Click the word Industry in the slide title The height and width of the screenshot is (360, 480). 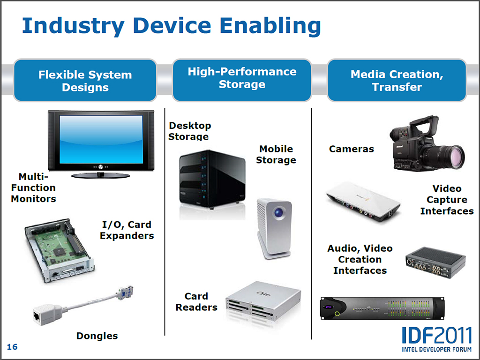(x=73, y=26)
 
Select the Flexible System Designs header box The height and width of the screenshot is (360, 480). (x=85, y=81)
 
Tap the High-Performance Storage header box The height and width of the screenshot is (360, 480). (x=242, y=80)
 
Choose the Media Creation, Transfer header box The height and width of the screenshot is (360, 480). (x=397, y=80)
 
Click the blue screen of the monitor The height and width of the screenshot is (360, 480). (x=101, y=139)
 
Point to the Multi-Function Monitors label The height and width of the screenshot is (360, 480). (x=33, y=187)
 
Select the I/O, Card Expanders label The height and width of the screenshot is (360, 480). (x=127, y=230)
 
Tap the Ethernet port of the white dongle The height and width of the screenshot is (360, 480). (x=37, y=315)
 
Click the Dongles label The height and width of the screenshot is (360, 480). (x=97, y=336)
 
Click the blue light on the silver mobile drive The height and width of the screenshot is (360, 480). (x=278, y=212)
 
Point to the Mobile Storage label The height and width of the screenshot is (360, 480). (x=276, y=154)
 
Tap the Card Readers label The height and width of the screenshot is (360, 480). (x=196, y=301)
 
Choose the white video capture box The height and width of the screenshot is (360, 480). (x=363, y=202)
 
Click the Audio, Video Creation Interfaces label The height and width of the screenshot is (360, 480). (x=360, y=259)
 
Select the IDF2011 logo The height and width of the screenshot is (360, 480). (x=436, y=339)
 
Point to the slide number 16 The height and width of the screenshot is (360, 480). (x=12, y=347)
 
